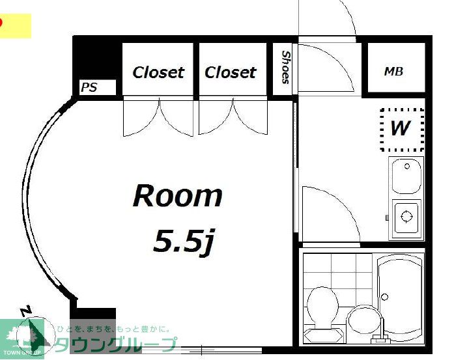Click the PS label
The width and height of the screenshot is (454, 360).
pos(89,87)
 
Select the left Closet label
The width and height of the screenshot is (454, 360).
pos(158,72)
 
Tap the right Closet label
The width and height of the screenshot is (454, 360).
pos(231,72)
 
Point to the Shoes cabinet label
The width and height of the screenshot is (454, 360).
pos(285,68)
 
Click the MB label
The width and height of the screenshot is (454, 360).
pos(393,72)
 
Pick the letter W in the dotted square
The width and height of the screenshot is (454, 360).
pos(401,128)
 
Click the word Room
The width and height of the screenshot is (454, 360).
pos(177,196)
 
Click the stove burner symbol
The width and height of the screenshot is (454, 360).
pos(406,216)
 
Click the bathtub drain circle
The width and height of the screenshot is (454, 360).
pos(385,297)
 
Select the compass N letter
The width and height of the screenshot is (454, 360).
pos(26,311)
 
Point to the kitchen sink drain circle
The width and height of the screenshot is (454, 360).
pos(407,167)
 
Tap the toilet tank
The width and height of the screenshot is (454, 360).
pos(322,335)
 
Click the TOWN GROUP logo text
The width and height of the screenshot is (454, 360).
pos(22,352)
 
